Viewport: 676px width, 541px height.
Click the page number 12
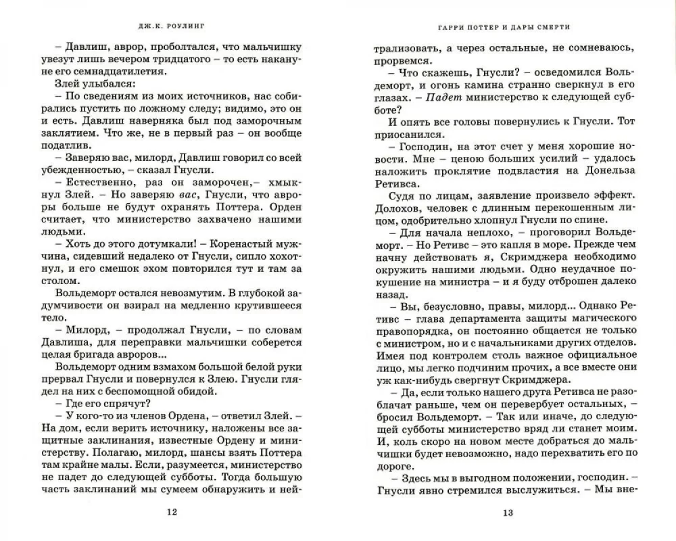pyautogui.click(x=172, y=511)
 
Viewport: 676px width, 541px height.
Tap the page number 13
pyautogui.click(x=508, y=511)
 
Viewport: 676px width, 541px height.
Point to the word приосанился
pyautogui.click(x=417, y=131)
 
